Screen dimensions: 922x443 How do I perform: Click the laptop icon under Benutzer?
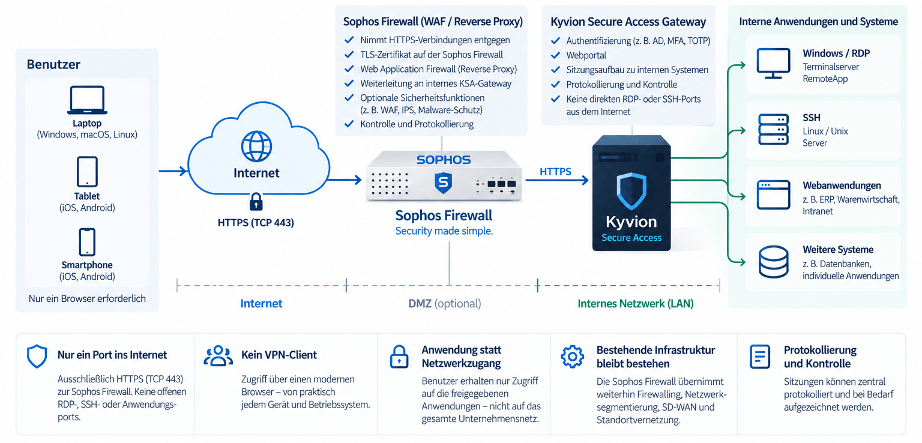[87, 100]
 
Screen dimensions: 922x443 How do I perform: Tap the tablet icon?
[87, 172]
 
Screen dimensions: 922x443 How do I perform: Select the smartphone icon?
[87, 242]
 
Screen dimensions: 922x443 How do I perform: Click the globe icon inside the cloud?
[256, 146]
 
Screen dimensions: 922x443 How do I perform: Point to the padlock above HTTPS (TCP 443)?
[256, 202]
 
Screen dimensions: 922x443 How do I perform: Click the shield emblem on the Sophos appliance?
[444, 183]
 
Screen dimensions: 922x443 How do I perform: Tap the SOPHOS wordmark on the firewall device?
[444, 160]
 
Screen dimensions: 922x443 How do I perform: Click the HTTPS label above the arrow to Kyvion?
[555, 171]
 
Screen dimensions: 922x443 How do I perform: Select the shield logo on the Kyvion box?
[631, 191]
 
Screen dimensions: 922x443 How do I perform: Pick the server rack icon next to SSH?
[773, 130]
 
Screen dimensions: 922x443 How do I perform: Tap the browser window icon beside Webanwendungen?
[773, 194]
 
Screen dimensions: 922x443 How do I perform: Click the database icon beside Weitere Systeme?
[773, 262]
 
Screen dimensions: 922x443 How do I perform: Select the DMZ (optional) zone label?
[445, 304]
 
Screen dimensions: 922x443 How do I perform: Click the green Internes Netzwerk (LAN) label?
[636, 304]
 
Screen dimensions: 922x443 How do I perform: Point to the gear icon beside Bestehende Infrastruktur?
[572, 357]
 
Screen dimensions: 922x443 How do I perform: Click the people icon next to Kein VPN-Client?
[218, 356]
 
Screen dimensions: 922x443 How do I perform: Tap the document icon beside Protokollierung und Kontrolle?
[760, 357]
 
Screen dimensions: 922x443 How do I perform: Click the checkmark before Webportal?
[555, 55]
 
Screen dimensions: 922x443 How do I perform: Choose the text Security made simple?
[444, 231]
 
